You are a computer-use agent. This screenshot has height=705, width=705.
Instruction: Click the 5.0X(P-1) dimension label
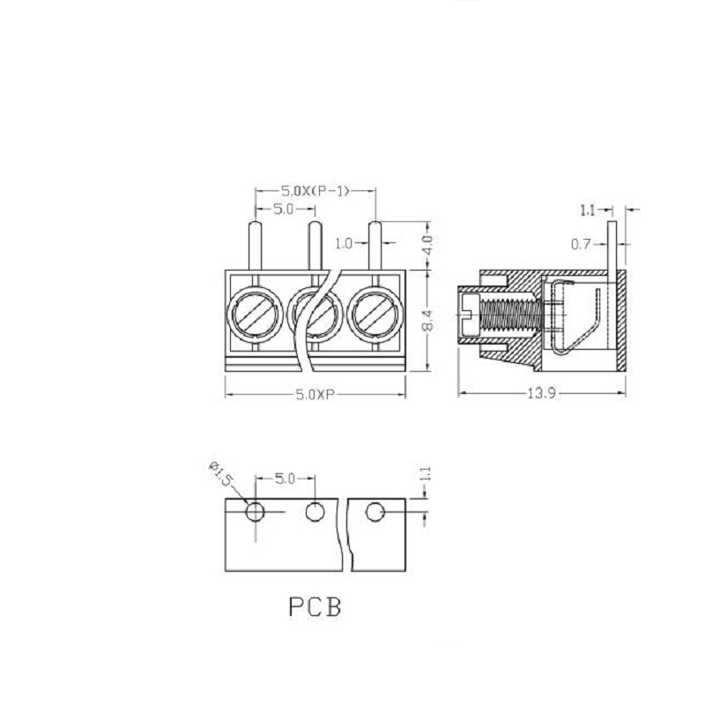point(315,191)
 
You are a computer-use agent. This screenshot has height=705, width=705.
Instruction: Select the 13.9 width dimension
point(541,394)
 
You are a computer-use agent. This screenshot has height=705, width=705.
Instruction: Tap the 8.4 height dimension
point(428,320)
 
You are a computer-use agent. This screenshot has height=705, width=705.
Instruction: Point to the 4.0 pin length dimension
point(428,245)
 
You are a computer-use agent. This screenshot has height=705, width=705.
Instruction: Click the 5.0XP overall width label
point(315,395)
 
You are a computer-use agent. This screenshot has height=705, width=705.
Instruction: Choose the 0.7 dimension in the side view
point(581,245)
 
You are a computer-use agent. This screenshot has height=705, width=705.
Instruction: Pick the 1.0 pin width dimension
point(344,243)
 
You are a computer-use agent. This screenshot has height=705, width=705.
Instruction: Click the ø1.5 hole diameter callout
point(221,474)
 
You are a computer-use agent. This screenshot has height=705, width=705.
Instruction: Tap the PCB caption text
point(315,606)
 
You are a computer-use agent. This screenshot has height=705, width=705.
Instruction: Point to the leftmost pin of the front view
point(255,246)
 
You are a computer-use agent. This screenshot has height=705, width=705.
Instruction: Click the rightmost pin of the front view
point(375,246)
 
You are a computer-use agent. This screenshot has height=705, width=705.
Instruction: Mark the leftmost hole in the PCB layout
point(255,512)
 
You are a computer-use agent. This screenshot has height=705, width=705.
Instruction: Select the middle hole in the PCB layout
point(315,512)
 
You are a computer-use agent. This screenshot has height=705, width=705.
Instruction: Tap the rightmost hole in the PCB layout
point(375,512)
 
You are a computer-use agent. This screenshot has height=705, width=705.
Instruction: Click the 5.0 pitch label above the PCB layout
point(285,479)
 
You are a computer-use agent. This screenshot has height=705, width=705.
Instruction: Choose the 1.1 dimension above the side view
point(588,210)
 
